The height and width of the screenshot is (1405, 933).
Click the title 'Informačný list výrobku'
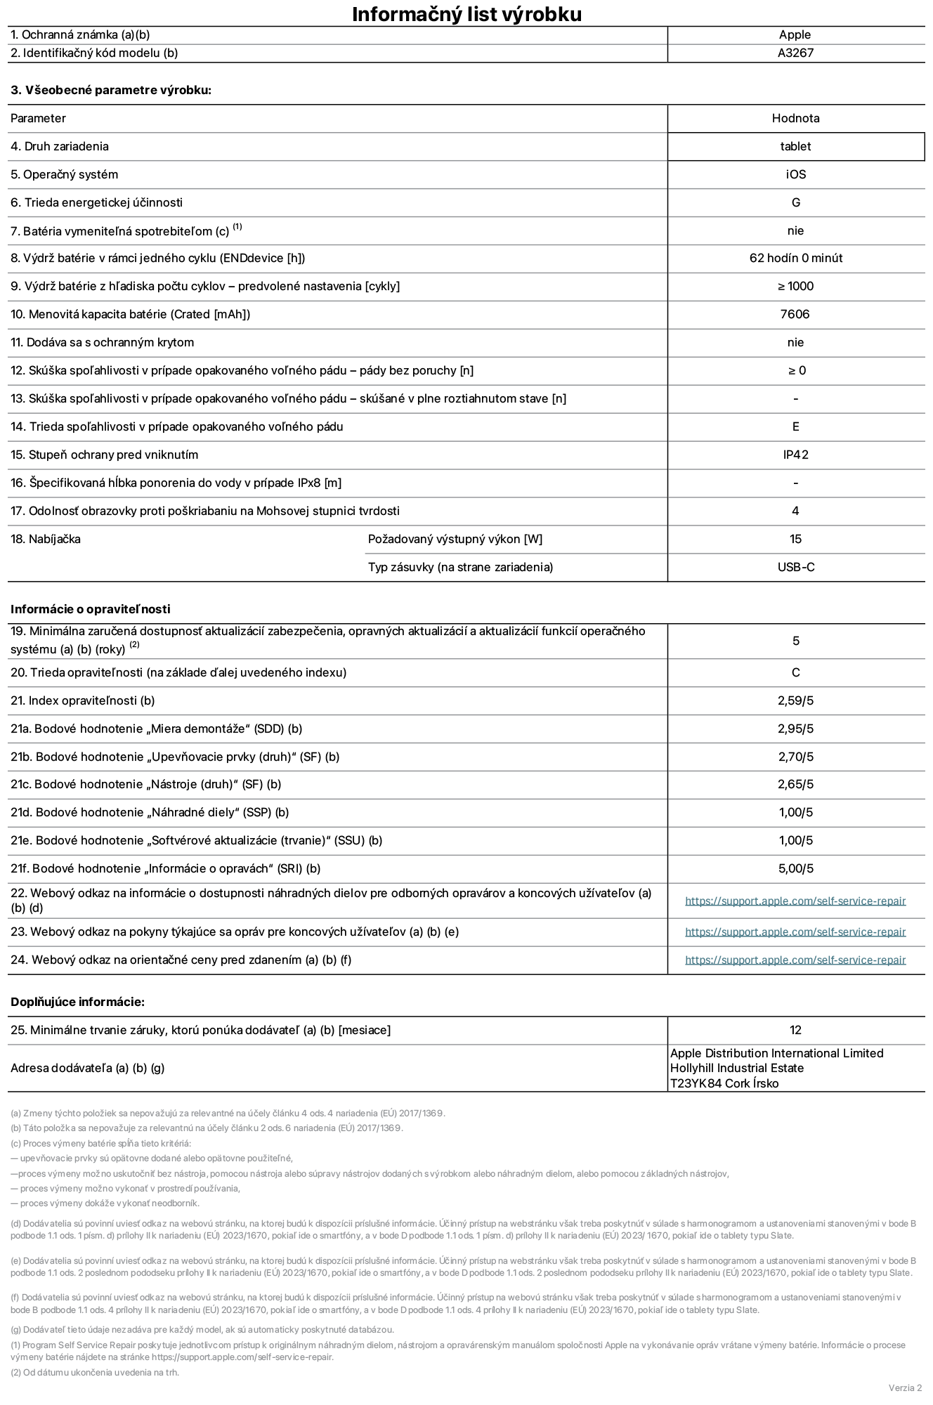[x=466, y=14]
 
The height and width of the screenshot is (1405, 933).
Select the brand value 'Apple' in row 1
[x=795, y=34]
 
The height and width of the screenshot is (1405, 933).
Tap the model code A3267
[x=795, y=53]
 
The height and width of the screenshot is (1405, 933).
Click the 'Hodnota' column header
[x=795, y=118]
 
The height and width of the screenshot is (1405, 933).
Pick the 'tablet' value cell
[x=795, y=146]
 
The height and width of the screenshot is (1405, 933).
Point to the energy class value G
[x=795, y=202]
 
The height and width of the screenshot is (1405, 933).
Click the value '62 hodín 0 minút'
[x=795, y=258]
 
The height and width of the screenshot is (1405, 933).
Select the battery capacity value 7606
[x=795, y=314]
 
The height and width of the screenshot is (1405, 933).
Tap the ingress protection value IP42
[x=795, y=455]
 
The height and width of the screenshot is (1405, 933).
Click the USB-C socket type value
[x=795, y=567]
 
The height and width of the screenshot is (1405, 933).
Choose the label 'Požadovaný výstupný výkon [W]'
[x=455, y=539]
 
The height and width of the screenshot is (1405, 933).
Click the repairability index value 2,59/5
[x=795, y=700]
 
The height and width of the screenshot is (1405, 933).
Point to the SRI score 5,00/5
[x=795, y=868]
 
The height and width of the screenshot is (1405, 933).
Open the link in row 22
[x=795, y=901]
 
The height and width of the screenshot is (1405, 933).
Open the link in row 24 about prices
[x=795, y=960]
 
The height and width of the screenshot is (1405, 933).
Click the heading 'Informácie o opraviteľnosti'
[x=90, y=609]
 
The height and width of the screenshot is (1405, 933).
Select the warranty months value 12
[x=795, y=1030]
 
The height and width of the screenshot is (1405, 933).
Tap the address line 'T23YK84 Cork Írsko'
[x=724, y=1083]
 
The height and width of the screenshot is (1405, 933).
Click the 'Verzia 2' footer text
[x=905, y=1387]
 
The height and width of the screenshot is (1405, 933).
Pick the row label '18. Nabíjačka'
[x=46, y=539]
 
